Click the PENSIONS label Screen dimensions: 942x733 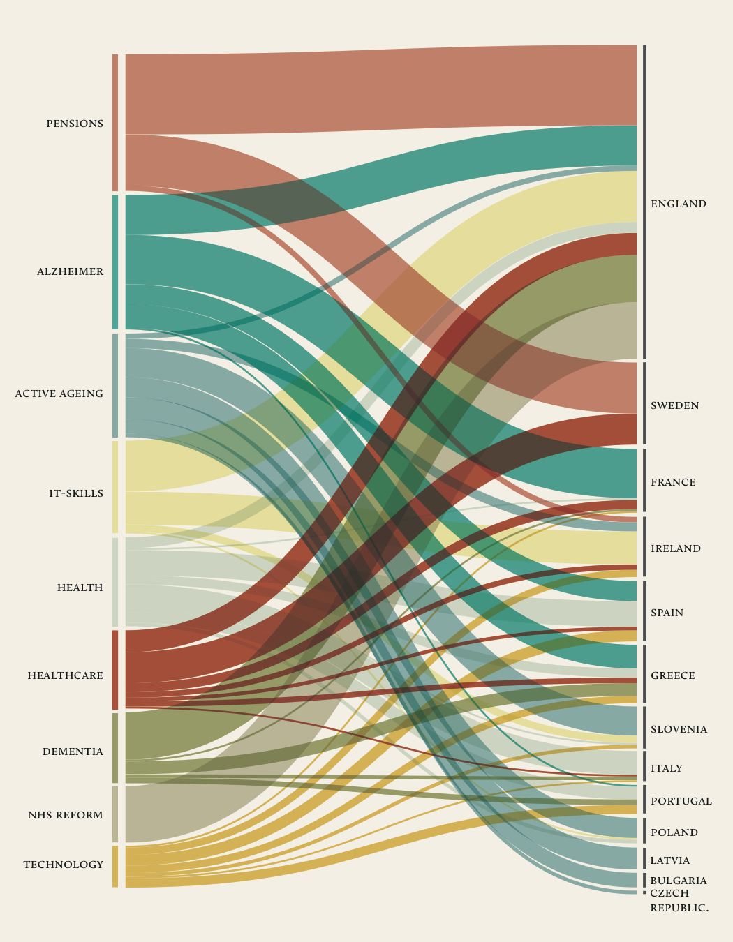pyautogui.click(x=75, y=124)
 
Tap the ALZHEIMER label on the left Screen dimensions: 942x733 pyautogui.click(x=70, y=271)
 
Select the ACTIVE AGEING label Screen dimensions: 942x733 pyautogui.click(x=59, y=394)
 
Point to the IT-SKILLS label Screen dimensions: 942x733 pyautogui.click(x=76, y=493)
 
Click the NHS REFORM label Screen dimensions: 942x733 pyautogui.click(x=65, y=815)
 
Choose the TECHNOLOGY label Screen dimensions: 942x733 pyautogui.click(x=63, y=865)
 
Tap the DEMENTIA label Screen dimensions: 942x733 pyautogui.click(x=73, y=752)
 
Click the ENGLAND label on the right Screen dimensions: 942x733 pyautogui.click(x=679, y=204)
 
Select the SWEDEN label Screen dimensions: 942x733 pyautogui.click(x=674, y=405)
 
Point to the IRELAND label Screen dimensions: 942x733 pyautogui.click(x=675, y=548)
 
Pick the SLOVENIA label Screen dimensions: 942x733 pyautogui.click(x=679, y=729)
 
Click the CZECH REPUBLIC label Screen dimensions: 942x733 pyautogui.click(x=679, y=900)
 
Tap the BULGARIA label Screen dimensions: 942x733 pyautogui.click(x=678, y=881)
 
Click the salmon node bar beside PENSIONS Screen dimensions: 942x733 pyautogui.click(x=115, y=122)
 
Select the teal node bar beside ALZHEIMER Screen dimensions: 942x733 pyautogui.click(x=115, y=262)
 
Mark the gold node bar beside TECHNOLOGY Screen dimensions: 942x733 pyautogui.click(x=115, y=866)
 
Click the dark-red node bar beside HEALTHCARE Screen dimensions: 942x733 pyautogui.click(x=115, y=670)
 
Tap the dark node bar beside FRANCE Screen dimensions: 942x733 pyautogui.click(x=644, y=480)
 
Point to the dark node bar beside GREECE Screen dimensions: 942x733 pyautogui.click(x=644, y=674)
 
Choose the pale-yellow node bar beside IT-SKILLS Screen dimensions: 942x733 pyautogui.click(x=115, y=486)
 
